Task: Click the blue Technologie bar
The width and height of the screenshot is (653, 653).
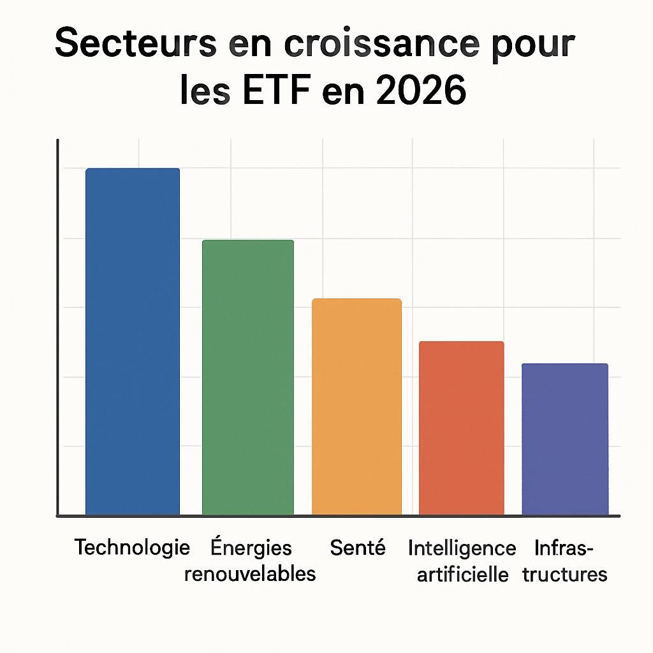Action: point(133,341)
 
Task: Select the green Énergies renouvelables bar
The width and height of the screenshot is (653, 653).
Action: point(248,377)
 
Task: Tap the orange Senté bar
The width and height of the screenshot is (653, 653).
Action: point(356,406)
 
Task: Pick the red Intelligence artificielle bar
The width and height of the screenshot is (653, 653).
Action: point(461,428)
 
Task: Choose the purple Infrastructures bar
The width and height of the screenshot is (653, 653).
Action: point(564,439)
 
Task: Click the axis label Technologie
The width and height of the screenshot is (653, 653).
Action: point(132,547)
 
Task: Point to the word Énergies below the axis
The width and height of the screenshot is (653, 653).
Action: point(251,547)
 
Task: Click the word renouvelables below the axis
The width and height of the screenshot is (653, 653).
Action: point(250,573)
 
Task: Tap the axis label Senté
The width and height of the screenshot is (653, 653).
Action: point(358,547)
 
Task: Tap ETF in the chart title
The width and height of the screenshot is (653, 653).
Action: point(279,91)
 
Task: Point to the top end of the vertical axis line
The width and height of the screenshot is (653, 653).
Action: point(57,141)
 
